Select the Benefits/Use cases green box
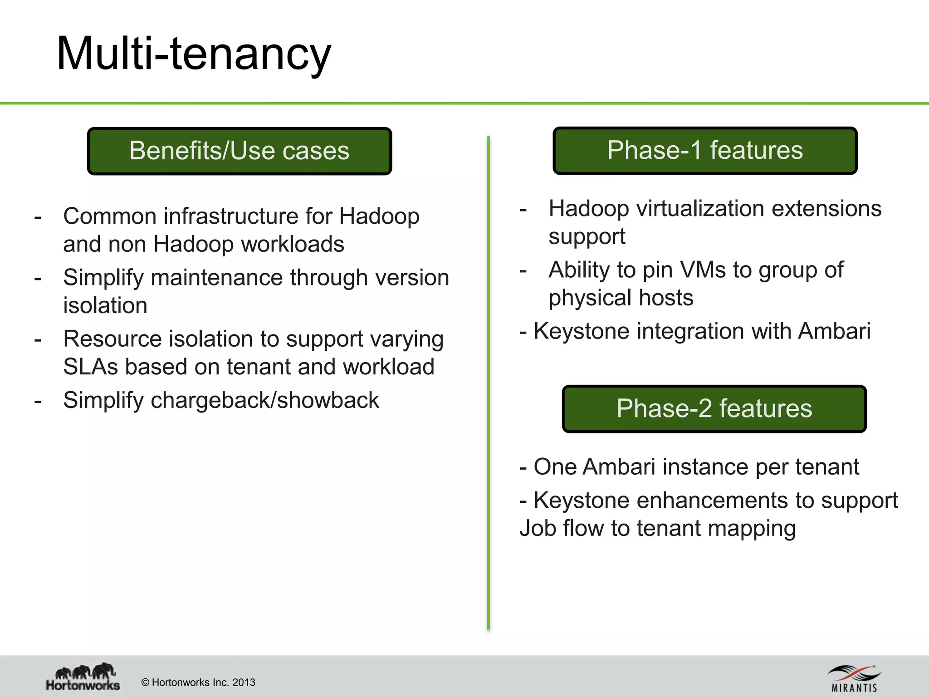point(239,151)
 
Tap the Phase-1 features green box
point(704,151)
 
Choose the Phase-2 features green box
point(714,409)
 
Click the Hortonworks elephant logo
point(83,676)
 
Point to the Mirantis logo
point(854,678)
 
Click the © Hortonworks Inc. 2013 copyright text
point(198,682)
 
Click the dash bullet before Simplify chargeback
point(38,401)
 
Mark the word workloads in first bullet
point(293,245)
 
